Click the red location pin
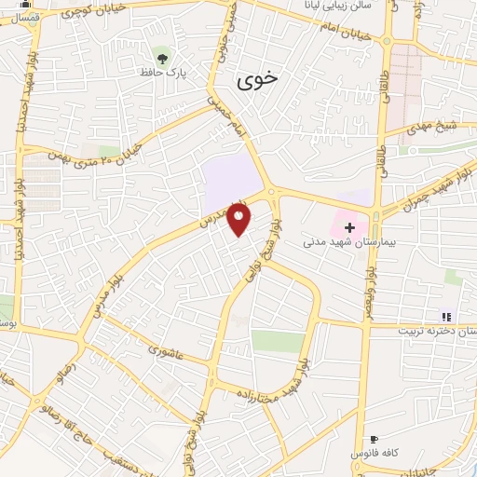[x=240, y=220]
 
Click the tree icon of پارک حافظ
[x=163, y=57]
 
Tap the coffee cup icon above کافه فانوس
[x=374, y=438]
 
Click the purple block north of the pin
[x=230, y=180]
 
